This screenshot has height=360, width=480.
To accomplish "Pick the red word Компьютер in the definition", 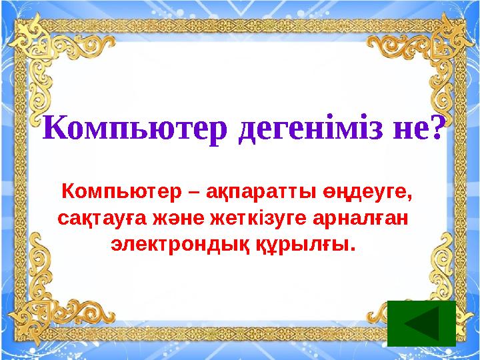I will [x=120, y=193].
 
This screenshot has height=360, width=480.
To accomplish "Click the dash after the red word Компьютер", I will [x=193, y=193].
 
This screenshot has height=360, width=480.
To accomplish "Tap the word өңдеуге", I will [x=363, y=193].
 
